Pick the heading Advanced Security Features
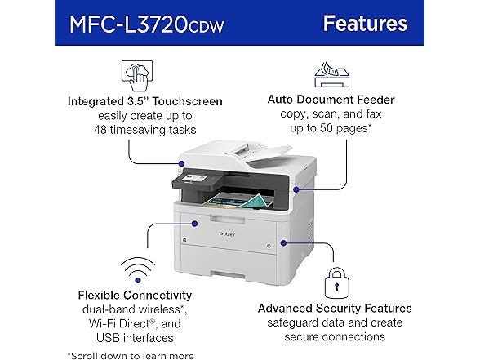[x=335, y=308]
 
